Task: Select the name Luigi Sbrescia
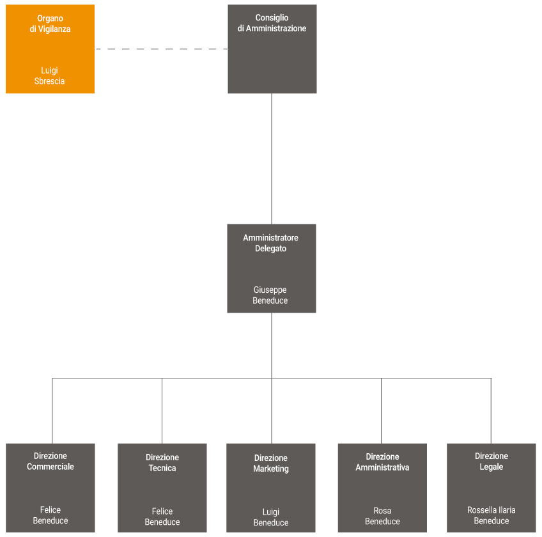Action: pyautogui.click(x=49, y=76)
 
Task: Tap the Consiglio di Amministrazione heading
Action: pyautogui.click(x=272, y=23)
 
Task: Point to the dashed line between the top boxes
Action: pyautogui.click(x=161, y=49)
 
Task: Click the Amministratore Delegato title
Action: pyautogui.click(x=270, y=243)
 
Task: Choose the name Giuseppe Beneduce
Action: pyautogui.click(x=270, y=295)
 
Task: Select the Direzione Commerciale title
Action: pyautogui.click(x=50, y=461)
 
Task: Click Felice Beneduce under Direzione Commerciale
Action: pyautogui.click(x=50, y=515)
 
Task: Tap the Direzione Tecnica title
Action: pyautogui.click(x=162, y=462)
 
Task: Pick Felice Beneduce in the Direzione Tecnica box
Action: pyautogui.click(x=162, y=517)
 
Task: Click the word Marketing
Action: pyautogui.click(x=271, y=469)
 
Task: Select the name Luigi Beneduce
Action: pyautogui.click(x=271, y=517)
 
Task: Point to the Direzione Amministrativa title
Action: pyautogui.click(x=382, y=462)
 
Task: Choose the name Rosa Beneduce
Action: pyautogui.click(x=382, y=516)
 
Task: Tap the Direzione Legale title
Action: pyautogui.click(x=492, y=461)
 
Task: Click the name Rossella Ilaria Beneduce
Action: pyautogui.click(x=492, y=515)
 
